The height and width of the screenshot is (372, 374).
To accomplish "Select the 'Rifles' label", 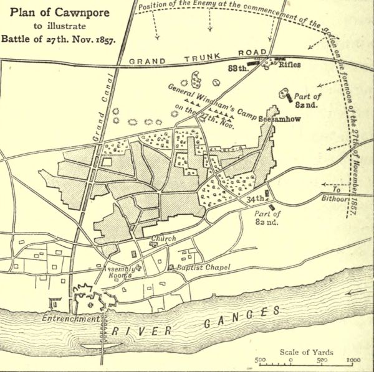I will (290, 64).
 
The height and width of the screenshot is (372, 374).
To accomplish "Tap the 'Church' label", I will (163, 238).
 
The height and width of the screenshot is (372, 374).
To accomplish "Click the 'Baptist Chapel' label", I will (203, 267).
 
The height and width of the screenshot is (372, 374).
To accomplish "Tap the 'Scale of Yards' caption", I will (306, 352).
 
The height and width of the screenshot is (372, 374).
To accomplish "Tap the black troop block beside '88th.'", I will (253, 63).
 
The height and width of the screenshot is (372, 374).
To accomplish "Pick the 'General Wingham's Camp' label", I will (203, 98).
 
